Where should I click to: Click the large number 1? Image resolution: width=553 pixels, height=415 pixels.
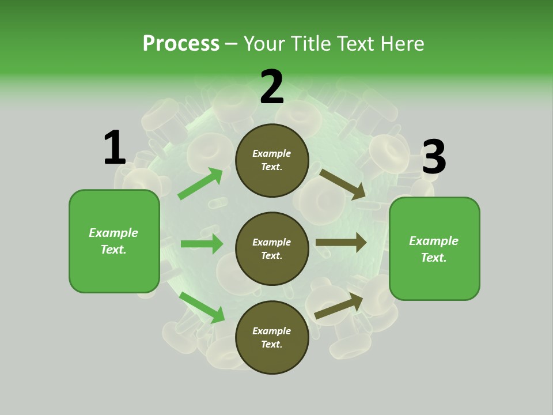(115, 148)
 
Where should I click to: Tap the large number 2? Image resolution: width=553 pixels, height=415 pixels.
(272, 87)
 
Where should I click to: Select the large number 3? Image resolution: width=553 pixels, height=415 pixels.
(434, 157)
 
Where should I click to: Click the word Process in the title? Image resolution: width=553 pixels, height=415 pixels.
(181, 43)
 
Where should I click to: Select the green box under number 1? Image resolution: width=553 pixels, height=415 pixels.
(114, 241)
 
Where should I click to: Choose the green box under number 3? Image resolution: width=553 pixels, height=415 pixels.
(434, 248)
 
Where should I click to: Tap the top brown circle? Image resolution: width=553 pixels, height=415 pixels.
(272, 160)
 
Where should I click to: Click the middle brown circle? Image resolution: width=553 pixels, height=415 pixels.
(272, 248)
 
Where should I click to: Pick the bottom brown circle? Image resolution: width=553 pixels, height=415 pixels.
(272, 337)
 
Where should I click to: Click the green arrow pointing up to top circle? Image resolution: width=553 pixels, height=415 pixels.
(200, 184)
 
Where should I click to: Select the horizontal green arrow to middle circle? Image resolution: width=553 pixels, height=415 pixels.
(202, 244)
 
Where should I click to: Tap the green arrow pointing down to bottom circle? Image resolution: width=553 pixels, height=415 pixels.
(202, 307)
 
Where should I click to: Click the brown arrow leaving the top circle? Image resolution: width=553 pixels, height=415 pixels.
(343, 184)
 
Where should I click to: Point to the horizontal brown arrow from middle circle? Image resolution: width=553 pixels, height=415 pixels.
(341, 243)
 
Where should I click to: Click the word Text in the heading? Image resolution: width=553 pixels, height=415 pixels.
(356, 43)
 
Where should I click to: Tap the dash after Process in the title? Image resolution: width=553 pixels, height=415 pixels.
(232, 44)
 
